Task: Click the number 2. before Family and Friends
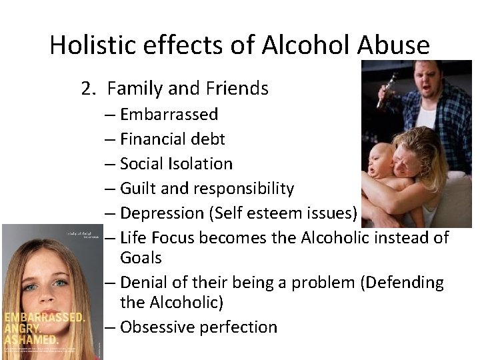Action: [x=89, y=88]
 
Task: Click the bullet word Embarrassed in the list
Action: [x=169, y=114]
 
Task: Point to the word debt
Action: [x=209, y=139]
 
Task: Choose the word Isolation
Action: [x=201, y=163]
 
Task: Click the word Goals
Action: [x=141, y=257]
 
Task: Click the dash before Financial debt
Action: [x=110, y=139]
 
